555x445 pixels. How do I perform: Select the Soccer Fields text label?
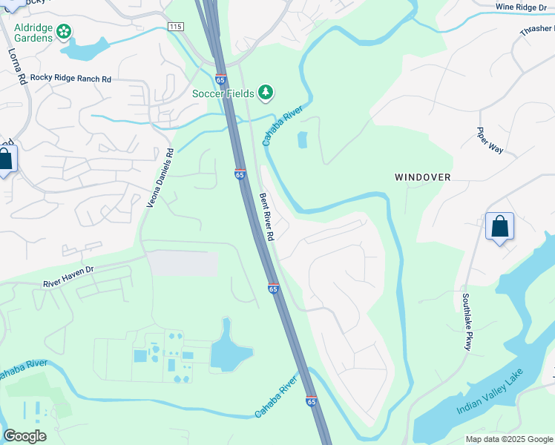click(223, 93)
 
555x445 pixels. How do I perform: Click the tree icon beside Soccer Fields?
click(266, 93)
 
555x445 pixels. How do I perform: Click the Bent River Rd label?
click(267, 217)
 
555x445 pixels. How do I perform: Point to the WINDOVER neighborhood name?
click(423, 177)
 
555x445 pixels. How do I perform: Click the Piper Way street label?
click(490, 139)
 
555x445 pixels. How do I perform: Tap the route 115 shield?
click(175, 26)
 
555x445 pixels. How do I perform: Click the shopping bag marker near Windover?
click(500, 226)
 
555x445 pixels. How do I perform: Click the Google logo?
click(24, 436)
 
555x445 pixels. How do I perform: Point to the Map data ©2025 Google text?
click(508, 439)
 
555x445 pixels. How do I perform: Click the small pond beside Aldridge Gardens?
click(83, 50)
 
